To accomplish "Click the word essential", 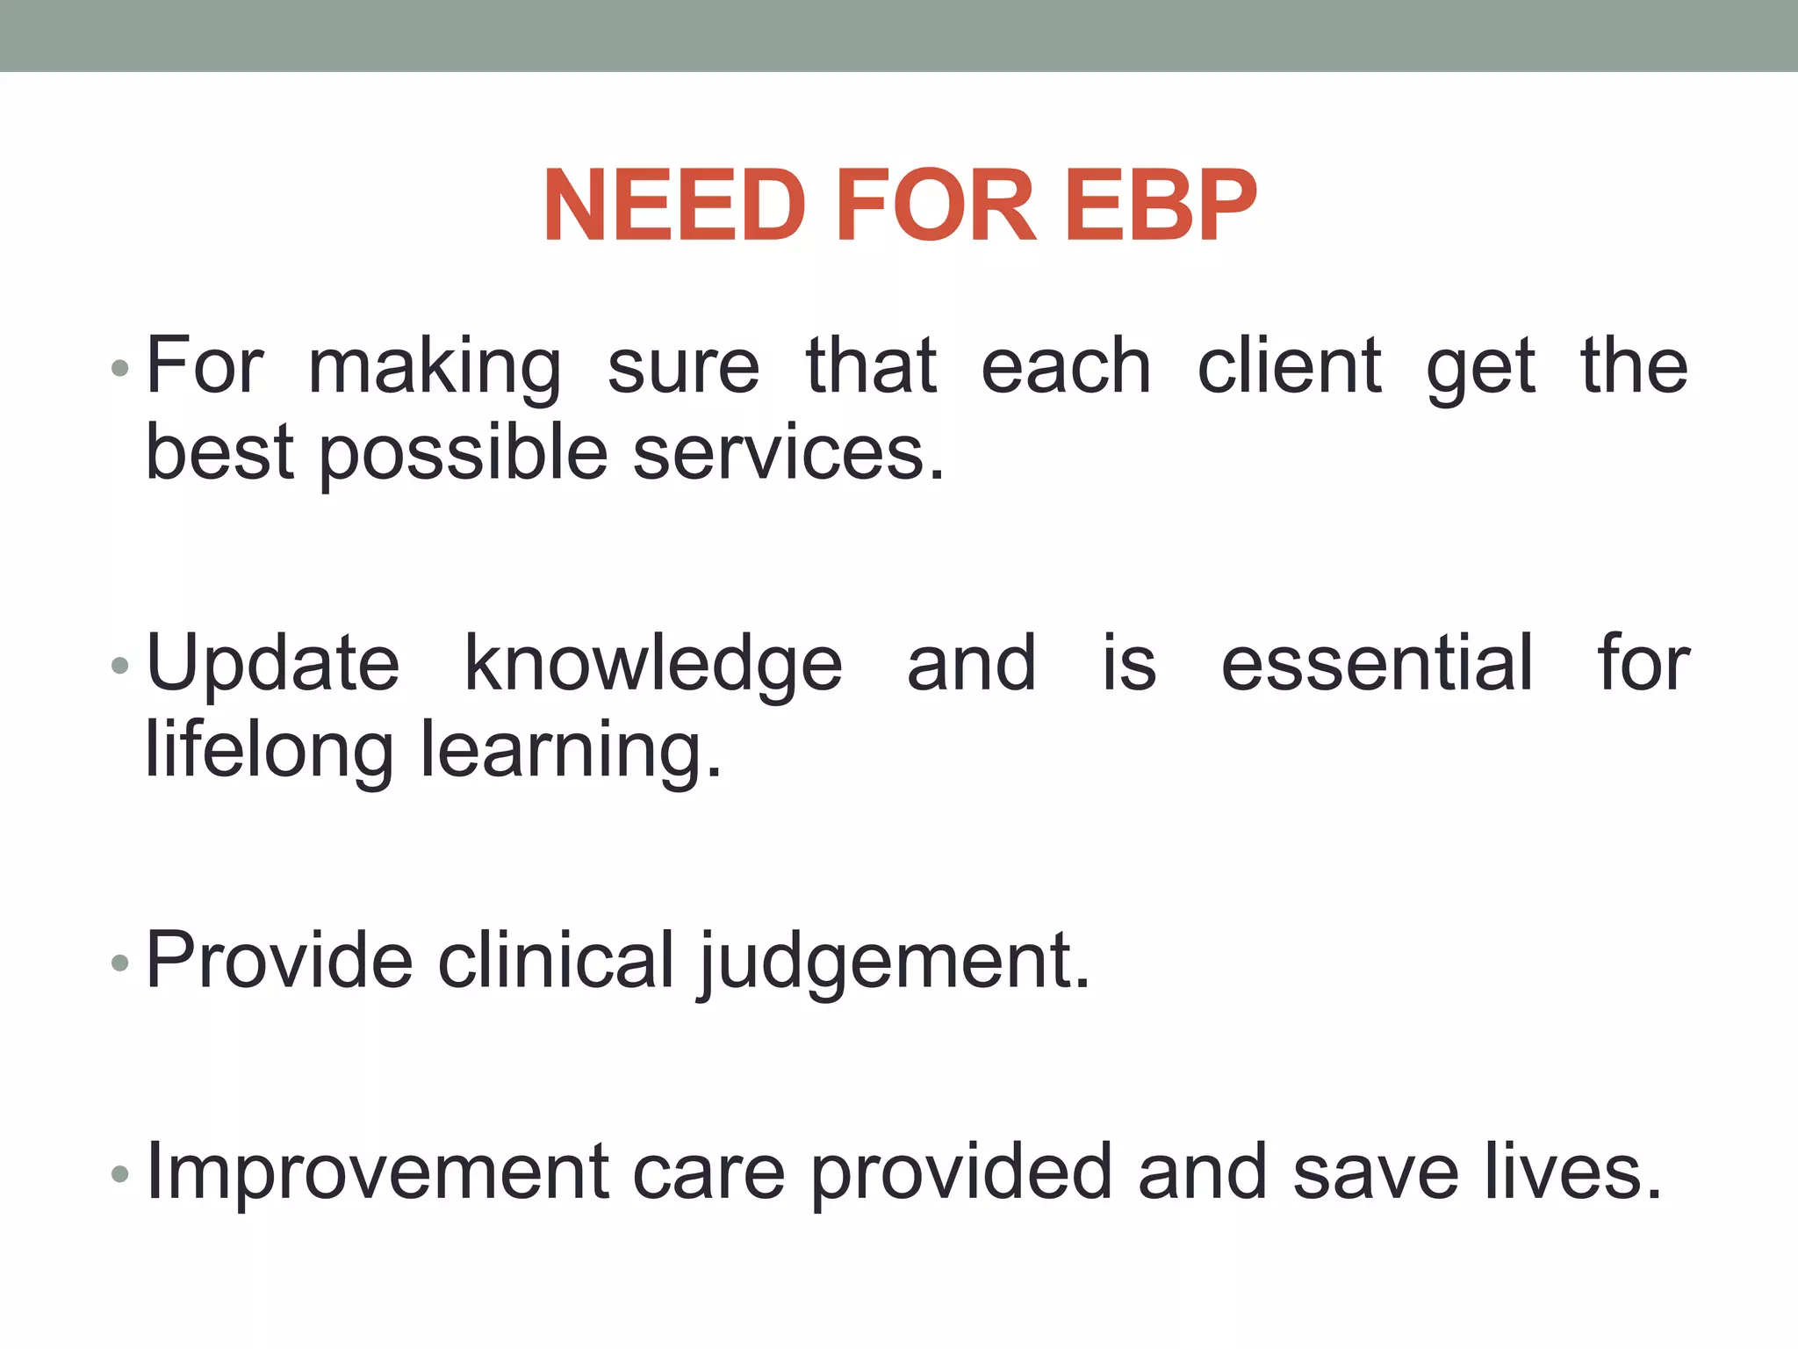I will (x=1377, y=663).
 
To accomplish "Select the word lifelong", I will (x=269, y=752).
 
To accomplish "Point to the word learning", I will (x=571, y=752).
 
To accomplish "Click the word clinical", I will (x=556, y=960).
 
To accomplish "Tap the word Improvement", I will (x=378, y=1173).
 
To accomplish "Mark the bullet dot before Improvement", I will (x=120, y=1174).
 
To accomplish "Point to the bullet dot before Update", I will (x=120, y=666).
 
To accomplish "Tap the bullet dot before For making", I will (x=120, y=368).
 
